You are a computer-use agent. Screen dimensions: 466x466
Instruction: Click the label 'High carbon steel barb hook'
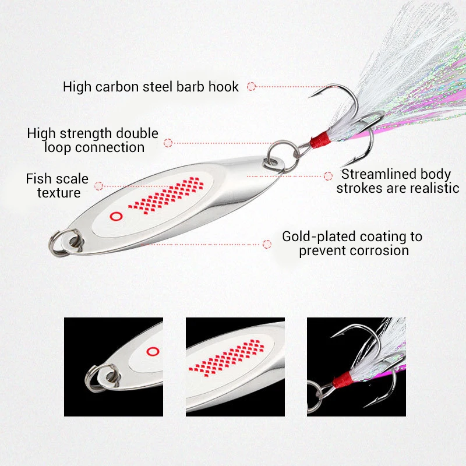(x=150, y=87)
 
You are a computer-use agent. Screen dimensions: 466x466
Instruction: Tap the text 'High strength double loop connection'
(x=93, y=140)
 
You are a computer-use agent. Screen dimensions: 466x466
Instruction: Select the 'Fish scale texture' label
(x=57, y=185)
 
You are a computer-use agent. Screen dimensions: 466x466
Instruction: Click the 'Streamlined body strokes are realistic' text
(x=397, y=181)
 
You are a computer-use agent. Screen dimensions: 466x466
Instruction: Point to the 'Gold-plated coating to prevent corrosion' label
(x=352, y=243)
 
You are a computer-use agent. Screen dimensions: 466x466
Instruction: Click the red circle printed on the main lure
(x=115, y=216)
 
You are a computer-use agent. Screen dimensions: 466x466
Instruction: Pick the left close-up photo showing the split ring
(x=113, y=366)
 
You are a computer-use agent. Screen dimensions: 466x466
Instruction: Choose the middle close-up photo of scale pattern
(x=235, y=366)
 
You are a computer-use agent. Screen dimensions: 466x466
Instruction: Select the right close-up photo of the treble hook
(x=356, y=366)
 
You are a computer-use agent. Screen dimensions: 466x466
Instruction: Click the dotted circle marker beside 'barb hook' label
(x=251, y=86)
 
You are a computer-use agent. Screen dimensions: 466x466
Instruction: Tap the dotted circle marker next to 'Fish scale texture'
(x=99, y=186)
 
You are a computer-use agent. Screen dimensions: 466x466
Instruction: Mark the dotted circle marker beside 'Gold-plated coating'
(x=267, y=244)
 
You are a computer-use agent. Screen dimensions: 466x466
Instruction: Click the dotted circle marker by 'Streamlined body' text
(x=328, y=175)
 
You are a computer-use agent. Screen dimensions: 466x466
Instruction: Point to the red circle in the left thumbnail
(x=153, y=351)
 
